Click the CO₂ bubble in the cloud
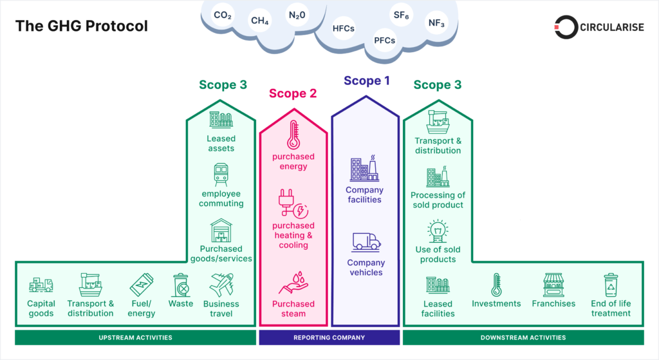point(223,15)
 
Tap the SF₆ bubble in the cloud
point(401,14)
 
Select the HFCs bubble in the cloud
point(344,28)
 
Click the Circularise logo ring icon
point(566,26)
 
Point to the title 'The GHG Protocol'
point(82,26)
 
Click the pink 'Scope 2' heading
point(293,93)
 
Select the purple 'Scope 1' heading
point(367,81)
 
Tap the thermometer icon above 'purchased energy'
point(293,135)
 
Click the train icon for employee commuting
point(221,175)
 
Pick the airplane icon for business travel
point(221,285)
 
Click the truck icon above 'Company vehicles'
point(366,242)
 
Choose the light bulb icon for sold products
point(438,231)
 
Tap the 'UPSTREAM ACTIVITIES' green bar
point(135,337)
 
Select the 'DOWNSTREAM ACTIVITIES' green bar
point(523,337)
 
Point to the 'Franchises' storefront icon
point(553,285)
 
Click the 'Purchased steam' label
point(293,308)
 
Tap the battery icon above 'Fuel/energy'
point(141,285)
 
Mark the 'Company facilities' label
point(364,194)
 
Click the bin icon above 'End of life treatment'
point(610,285)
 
